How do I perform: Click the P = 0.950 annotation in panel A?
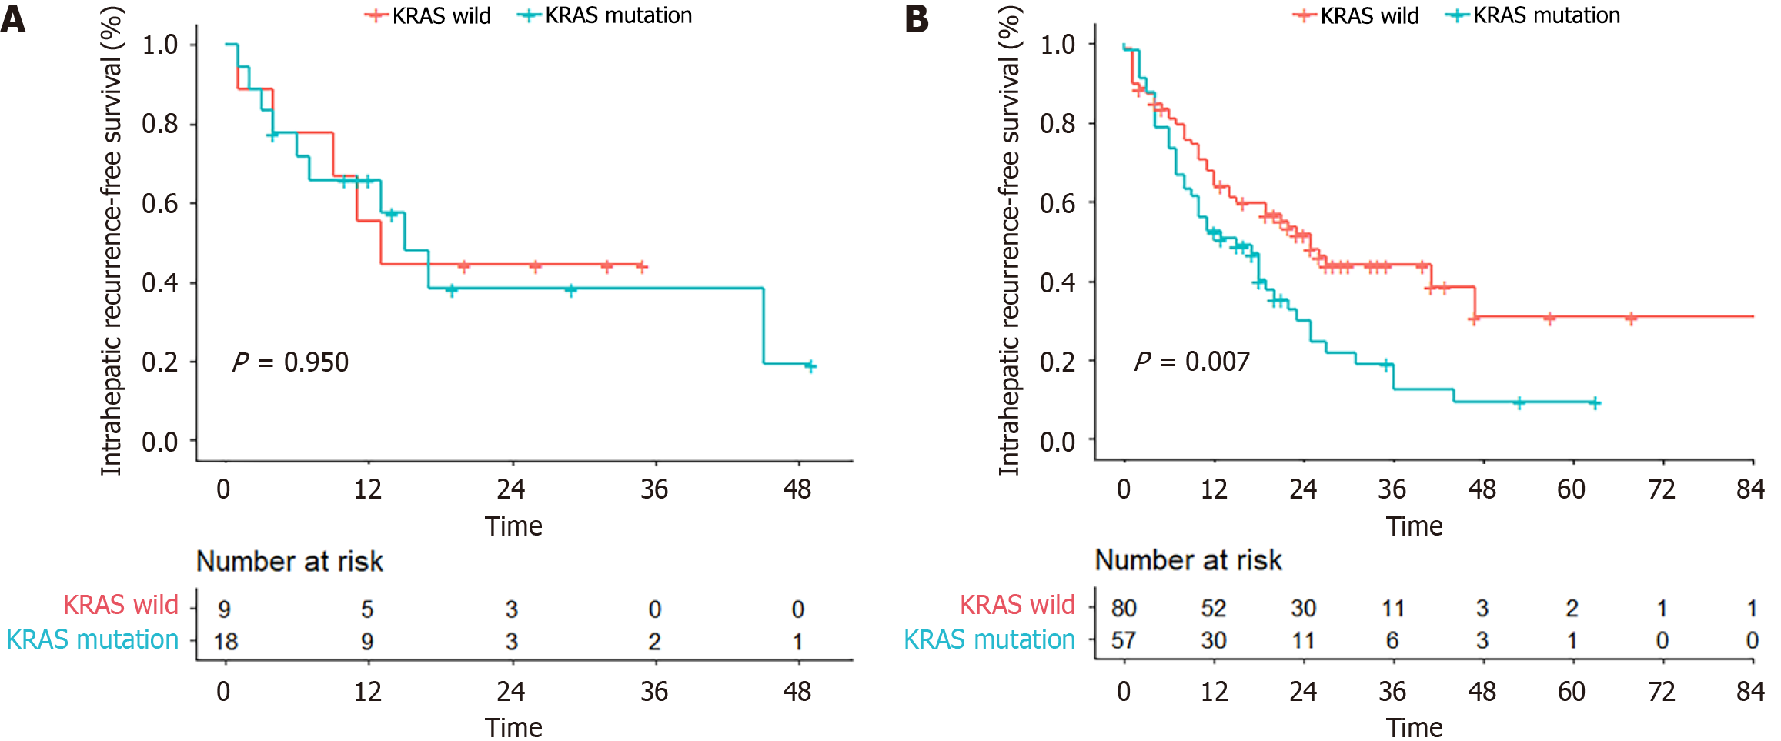[291, 362]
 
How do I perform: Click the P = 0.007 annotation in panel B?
[1192, 361]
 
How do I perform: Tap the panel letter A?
[13, 19]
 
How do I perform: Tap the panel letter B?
[917, 19]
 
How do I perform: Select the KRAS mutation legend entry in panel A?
[605, 15]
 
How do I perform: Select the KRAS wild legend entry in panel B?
[1356, 15]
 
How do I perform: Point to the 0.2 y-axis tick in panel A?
[160, 362]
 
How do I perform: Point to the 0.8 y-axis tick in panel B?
[1058, 123]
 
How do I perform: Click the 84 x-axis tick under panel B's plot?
[1751, 489]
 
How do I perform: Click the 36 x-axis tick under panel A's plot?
[654, 489]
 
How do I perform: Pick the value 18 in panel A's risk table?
[226, 642]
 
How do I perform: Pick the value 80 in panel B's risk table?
[1124, 609]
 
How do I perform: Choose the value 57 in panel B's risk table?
[1124, 641]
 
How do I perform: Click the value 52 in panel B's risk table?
[1214, 609]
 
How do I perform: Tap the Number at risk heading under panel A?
[290, 562]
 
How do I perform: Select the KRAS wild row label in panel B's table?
[1017, 605]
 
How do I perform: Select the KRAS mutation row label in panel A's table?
[92, 639]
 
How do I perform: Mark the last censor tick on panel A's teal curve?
[810, 366]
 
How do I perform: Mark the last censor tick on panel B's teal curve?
[1595, 403]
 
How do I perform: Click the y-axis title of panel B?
[1009, 240]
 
